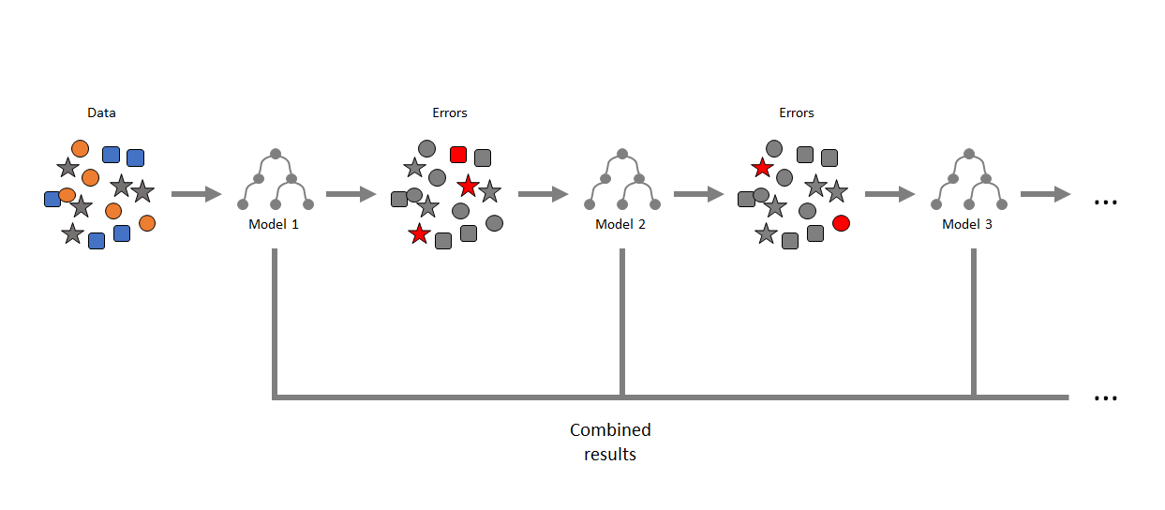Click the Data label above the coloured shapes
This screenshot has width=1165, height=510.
pyautogui.click(x=101, y=112)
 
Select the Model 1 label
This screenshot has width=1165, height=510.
pyautogui.click(x=274, y=224)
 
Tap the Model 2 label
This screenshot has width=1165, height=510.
pyautogui.click(x=620, y=224)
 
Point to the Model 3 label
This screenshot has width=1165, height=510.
pyautogui.click(x=967, y=224)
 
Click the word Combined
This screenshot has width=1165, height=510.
pyautogui.click(x=610, y=430)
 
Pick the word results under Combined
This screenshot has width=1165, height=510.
pyautogui.click(x=610, y=455)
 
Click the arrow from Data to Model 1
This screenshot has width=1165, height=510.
pyautogui.click(x=196, y=194)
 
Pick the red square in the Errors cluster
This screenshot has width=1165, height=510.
pyautogui.click(x=458, y=155)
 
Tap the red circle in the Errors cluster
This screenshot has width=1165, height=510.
pyautogui.click(x=841, y=223)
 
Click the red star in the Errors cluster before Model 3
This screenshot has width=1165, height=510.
pyautogui.click(x=762, y=168)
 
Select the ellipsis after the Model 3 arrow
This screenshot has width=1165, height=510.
pyautogui.click(x=1106, y=202)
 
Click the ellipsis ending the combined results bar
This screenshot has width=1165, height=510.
pyautogui.click(x=1106, y=397)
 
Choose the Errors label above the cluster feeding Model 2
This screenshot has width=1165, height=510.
pyautogui.click(x=450, y=112)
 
